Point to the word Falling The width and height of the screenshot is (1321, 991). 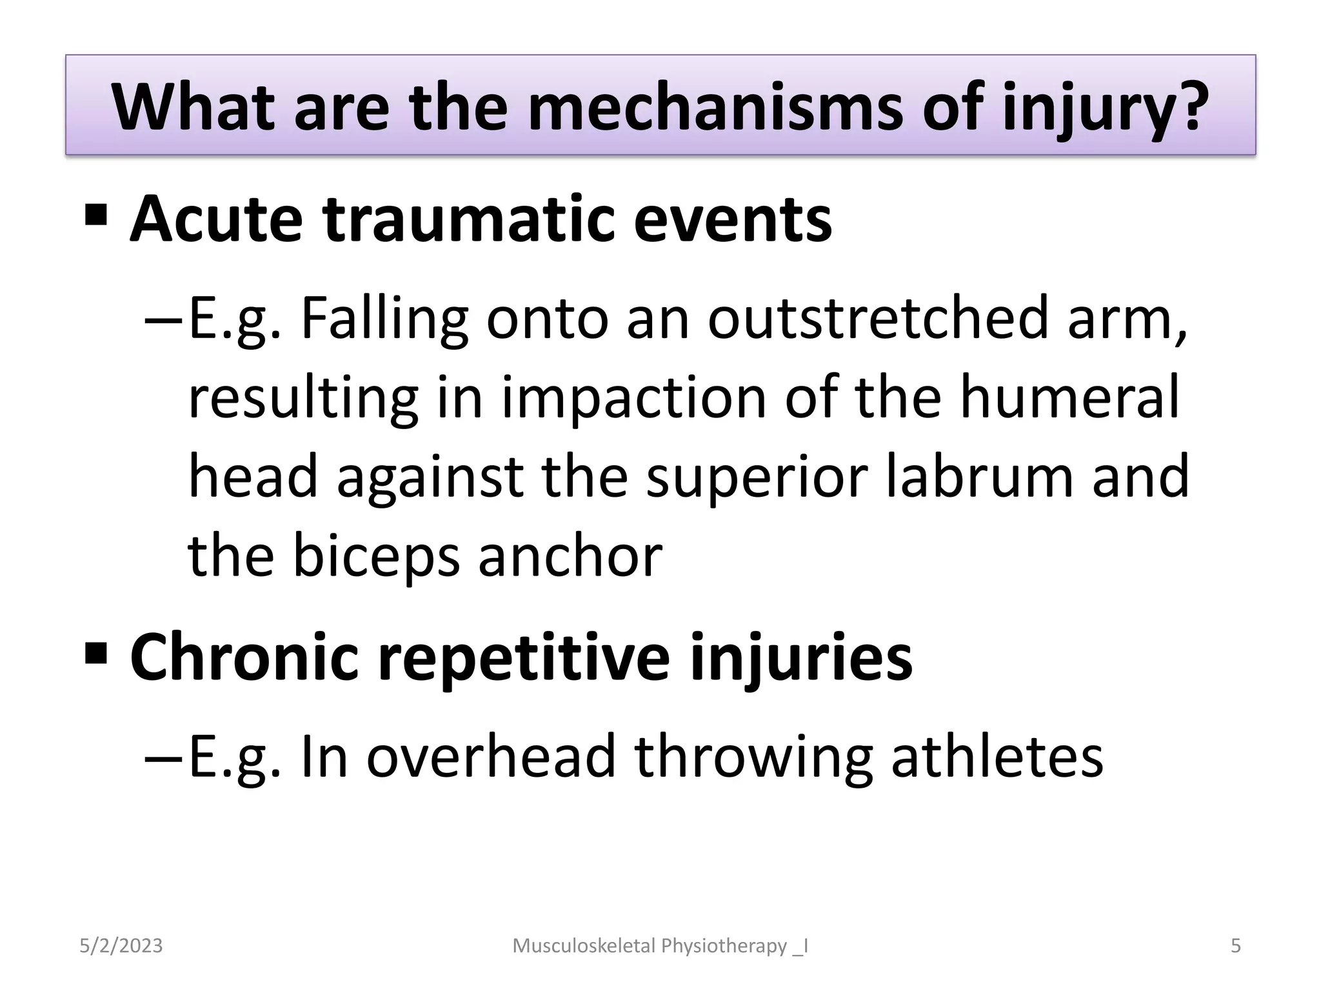tap(384, 319)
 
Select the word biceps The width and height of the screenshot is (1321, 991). tap(376, 556)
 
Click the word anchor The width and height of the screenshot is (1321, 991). tap(570, 556)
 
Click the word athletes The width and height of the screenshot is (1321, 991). tap(997, 756)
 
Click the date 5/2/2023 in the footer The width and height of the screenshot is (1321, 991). tap(121, 946)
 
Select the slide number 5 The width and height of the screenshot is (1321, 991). tap(1235, 946)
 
